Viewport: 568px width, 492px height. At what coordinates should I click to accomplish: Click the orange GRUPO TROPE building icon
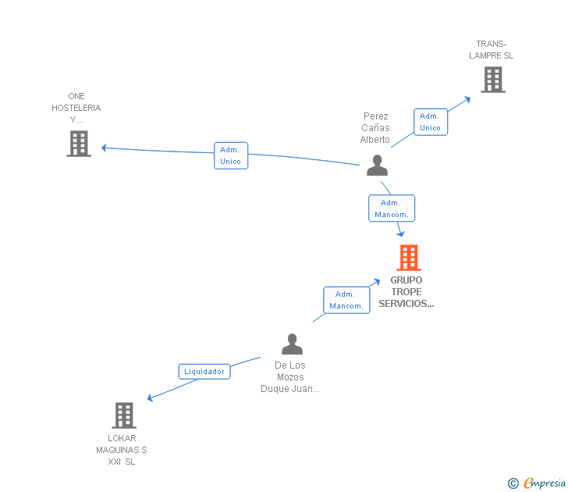[x=409, y=258]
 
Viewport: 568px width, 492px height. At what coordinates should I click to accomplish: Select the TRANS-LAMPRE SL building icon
[x=492, y=80]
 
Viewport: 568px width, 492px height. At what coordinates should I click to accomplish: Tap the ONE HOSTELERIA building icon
[x=79, y=144]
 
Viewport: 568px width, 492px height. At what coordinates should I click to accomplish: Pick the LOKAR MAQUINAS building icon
[x=124, y=415]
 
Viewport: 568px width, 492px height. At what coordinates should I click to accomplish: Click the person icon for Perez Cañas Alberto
[x=377, y=166]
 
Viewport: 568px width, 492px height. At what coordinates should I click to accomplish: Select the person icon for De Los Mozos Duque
[x=292, y=344]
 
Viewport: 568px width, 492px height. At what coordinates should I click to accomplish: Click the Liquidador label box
[x=204, y=372]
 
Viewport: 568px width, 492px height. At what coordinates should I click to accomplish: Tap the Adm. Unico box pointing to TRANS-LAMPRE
[x=430, y=122]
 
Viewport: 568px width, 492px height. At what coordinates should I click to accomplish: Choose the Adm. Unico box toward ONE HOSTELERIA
[x=230, y=155]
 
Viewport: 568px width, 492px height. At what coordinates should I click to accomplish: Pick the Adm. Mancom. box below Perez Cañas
[x=391, y=209]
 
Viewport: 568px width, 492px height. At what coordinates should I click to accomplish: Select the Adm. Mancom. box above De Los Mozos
[x=346, y=300]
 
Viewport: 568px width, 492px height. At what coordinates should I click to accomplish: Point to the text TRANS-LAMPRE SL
[x=492, y=50]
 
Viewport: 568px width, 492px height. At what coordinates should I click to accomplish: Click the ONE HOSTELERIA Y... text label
[x=76, y=108]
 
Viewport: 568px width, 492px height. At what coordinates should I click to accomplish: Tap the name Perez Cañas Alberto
[x=375, y=128]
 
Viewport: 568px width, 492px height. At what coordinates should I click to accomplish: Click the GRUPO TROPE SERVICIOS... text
[x=406, y=292]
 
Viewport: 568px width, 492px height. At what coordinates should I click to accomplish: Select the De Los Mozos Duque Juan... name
[x=290, y=377]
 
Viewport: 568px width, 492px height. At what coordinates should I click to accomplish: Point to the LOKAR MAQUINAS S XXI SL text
[x=122, y=450]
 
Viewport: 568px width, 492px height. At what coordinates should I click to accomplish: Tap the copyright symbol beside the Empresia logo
[x=513, y=484]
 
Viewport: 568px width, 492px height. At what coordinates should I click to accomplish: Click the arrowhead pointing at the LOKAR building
[x=150, y=399]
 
